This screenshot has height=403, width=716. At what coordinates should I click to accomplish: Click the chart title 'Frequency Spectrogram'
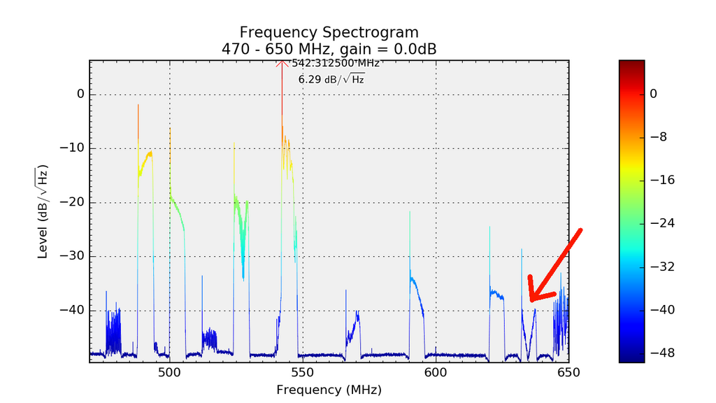coord(329,32)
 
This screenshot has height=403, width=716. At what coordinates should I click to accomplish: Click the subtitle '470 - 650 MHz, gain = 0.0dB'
coord(329,49)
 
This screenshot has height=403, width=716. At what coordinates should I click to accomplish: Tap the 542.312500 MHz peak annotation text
coord(336,63)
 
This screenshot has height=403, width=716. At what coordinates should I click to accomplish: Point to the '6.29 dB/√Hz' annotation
coord(331,79)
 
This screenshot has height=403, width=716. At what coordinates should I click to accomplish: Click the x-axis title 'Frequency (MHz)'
coord(329,389)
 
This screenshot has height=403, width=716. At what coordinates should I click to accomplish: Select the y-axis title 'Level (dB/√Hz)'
coord(43,211)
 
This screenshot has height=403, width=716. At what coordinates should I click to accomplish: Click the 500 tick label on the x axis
coord(169,373)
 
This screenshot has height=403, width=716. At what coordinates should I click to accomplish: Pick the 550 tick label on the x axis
coord(302,373)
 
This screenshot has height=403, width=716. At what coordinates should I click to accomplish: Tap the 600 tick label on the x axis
coord(435,373)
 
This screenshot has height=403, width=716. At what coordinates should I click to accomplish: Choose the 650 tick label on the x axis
coord(568,373)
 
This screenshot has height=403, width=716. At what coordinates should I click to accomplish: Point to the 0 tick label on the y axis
coord(80,94)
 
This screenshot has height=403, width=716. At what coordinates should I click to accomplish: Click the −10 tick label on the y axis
coord(73,148)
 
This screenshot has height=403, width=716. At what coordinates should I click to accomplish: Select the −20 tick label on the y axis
coord(73,202)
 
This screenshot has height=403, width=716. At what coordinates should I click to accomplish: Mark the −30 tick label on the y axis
coord(73,256)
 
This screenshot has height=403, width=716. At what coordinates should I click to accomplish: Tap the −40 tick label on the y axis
coord(73,310)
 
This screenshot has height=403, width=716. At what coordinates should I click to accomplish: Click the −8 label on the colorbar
coord(659,136)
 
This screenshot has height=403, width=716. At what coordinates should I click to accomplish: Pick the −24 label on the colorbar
coord(661,223)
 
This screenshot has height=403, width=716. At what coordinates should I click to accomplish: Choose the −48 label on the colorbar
coord(661,353)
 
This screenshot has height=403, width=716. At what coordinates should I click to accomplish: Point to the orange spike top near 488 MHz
coord(138,105)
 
